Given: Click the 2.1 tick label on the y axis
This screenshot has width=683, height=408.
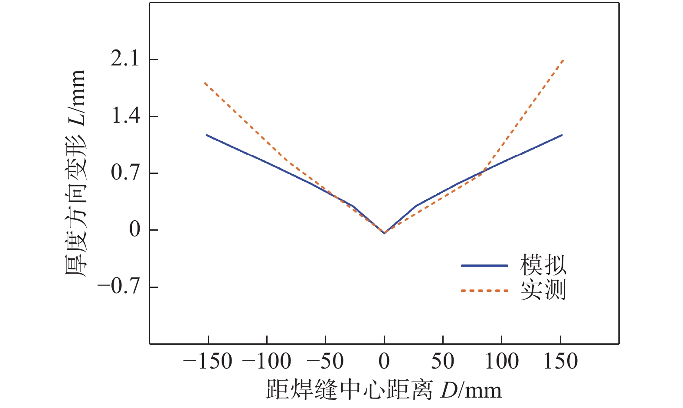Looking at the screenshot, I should [x=125, y=59].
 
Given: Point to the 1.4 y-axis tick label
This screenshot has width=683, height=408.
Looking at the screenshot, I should [x=126, y=116].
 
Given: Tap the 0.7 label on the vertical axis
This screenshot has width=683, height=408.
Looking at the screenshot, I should [x=126, y=173].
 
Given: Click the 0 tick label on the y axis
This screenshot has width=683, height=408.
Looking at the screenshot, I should [x=135, y=230].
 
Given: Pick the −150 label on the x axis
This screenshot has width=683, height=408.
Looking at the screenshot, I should [x=208, y=361].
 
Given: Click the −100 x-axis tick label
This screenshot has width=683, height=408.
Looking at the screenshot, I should [x=266, y=361].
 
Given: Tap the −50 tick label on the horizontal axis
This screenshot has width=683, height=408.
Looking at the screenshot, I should [x=325, y=361].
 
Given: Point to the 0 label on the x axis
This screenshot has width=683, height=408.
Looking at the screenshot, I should [x=384, y=361].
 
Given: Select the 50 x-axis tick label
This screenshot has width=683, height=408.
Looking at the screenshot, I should [x=443, y=361].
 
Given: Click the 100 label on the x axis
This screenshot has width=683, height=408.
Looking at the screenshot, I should [x=501, y=361].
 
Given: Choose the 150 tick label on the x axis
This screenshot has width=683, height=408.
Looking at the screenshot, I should [x=561, y=361].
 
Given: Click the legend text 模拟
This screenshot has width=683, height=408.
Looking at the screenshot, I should [x=543, y=265].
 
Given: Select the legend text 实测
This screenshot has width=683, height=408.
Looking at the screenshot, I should [x=543, y=290].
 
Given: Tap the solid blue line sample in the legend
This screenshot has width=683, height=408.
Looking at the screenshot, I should [x=484, y=265].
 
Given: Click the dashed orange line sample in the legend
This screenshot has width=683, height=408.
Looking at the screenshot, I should [x=484, y=290].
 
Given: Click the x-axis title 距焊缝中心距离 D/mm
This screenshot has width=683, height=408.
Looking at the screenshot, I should [x=384, y=390].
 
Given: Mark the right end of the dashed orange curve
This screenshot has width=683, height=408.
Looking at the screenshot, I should [x=563, y=60].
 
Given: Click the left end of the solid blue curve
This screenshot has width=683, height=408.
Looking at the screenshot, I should [x=206, y=135].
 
